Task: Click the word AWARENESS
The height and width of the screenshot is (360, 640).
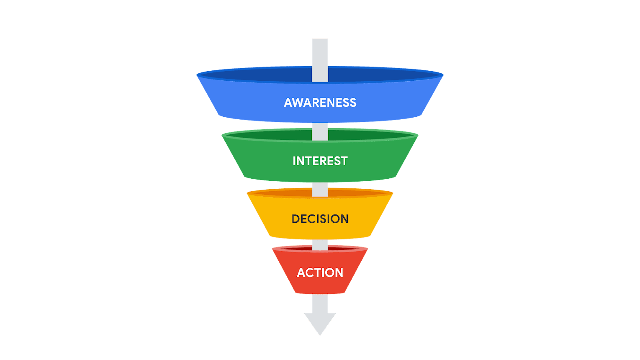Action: (x=320, y=103)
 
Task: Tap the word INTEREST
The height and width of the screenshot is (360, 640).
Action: (x=320, y=161)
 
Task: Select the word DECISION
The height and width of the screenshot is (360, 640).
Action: (x=320, y=219)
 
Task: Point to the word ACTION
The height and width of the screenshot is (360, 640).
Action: (x=320, y=273)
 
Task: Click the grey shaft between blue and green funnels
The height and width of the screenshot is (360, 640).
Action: (x=320, y=131)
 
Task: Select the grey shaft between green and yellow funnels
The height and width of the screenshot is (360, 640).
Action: (x=320, y=189)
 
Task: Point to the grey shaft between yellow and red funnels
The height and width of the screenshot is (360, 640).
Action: (x=320, y=245)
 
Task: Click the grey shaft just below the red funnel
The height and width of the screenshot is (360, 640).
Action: (x=320, y=303)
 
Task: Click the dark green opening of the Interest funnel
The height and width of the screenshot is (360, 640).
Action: (x=268, y=135)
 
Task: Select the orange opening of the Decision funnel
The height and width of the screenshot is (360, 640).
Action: (x=285, y=193)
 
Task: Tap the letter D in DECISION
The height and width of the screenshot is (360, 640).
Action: (x=296, y=219)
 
